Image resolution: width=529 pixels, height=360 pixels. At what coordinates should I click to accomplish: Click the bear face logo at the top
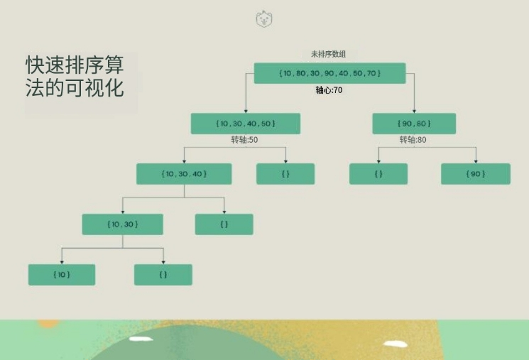264,18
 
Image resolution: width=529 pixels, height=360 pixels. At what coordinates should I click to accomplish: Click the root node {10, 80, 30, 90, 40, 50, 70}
329,73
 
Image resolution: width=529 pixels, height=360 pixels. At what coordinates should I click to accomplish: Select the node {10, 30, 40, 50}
246,124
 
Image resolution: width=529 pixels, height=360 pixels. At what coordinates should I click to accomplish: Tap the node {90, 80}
414,124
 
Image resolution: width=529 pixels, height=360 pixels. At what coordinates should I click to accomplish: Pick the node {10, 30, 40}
184,174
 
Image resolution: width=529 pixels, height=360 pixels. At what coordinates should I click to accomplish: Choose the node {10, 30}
122,224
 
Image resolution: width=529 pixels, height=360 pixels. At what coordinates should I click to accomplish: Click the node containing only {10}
62,275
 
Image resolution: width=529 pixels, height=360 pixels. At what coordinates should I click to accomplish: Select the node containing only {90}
476,174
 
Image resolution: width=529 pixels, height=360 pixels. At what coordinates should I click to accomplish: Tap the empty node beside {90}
378,174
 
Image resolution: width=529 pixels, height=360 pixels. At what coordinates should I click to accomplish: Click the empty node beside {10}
163,275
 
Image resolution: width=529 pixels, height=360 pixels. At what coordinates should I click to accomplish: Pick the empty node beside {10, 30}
224,224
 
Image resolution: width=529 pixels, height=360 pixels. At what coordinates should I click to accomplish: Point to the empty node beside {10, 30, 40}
285,174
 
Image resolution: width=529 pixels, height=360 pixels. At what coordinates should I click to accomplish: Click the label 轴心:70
329,90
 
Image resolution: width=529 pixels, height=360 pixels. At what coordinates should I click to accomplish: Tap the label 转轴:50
244,140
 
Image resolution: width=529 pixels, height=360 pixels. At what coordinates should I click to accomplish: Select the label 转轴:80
413,140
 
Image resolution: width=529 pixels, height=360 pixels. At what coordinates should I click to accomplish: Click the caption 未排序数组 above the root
328,54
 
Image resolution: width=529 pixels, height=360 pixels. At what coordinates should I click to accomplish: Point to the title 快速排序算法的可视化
75,76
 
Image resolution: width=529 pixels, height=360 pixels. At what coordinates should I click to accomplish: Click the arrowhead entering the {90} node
476,162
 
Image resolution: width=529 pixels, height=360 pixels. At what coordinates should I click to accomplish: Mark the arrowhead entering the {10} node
62,262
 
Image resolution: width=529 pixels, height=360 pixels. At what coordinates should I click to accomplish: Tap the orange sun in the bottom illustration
48,324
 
